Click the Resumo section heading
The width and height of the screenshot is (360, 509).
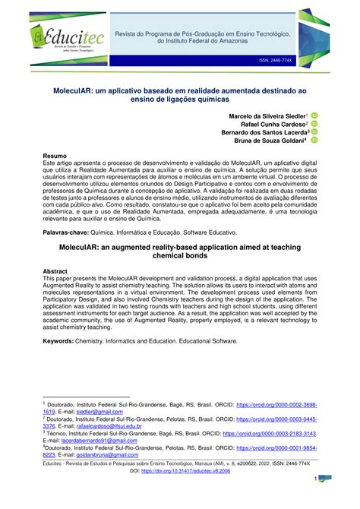pos(55,155)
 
